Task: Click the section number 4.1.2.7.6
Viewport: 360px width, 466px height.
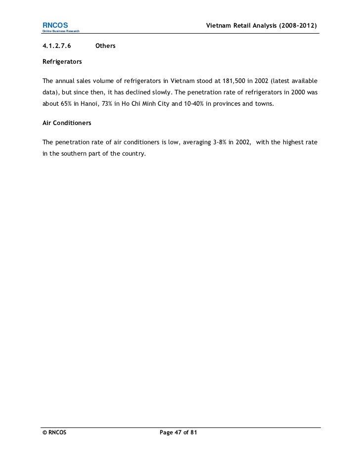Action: [57, 46]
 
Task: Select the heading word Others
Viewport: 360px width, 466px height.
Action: [105, 46]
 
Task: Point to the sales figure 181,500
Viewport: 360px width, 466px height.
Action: [238, 81]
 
